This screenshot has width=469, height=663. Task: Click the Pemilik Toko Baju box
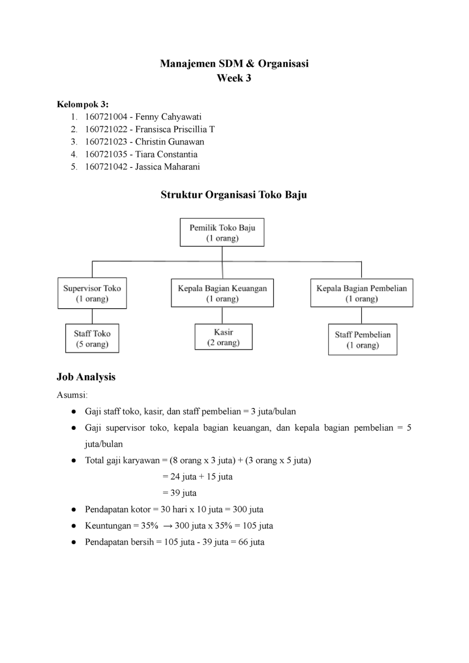222,232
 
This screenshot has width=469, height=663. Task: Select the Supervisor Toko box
92,293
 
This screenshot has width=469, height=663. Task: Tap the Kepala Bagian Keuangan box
222,293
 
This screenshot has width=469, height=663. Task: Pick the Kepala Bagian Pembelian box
362,293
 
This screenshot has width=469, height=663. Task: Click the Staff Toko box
92,338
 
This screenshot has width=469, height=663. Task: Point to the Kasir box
223,337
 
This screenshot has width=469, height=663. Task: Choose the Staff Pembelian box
362,340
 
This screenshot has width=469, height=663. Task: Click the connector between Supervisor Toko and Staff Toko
92,316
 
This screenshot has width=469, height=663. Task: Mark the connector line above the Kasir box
222,316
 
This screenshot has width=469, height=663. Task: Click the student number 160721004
106,117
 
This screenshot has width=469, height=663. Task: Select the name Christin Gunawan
170,142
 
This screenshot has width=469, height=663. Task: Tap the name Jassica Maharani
167,167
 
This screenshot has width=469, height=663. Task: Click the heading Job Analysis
86,377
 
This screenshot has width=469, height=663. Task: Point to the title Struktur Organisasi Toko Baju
234,195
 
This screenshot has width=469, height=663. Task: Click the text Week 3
234,78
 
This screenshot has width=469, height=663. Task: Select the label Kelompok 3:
82,104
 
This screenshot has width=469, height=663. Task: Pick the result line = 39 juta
179,493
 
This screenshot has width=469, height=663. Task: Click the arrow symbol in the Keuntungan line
168,526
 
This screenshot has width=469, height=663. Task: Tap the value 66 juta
251,542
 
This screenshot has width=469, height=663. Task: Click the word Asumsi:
72,395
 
